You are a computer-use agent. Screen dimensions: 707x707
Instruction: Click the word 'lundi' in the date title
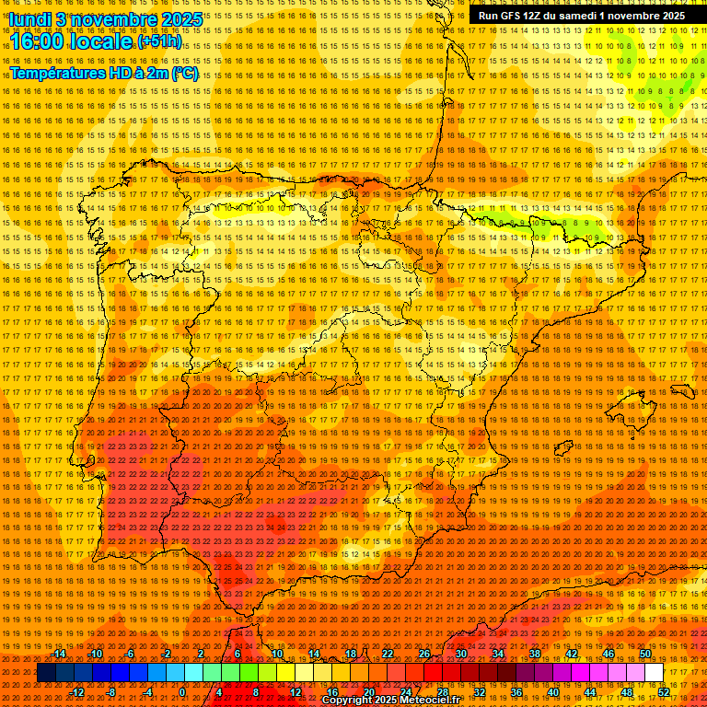[29, 18]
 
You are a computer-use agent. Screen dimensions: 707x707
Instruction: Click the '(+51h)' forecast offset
[159, 42]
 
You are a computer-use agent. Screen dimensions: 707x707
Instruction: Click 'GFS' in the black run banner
[513, 16]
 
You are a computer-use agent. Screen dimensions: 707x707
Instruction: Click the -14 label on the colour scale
[60, 654]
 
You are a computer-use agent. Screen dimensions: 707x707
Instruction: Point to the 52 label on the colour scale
[663, 692]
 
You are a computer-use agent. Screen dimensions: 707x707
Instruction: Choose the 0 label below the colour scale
[182, 692]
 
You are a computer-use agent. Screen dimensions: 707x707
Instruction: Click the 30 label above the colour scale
[460, 654]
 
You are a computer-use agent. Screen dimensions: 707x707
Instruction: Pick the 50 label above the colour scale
[644, 654]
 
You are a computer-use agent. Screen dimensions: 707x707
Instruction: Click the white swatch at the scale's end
[654, 673]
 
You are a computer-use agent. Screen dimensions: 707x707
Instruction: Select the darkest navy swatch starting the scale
[45, 673]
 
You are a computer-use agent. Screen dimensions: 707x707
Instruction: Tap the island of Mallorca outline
[630, 407]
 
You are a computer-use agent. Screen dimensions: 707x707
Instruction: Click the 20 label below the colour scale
[368, 692]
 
